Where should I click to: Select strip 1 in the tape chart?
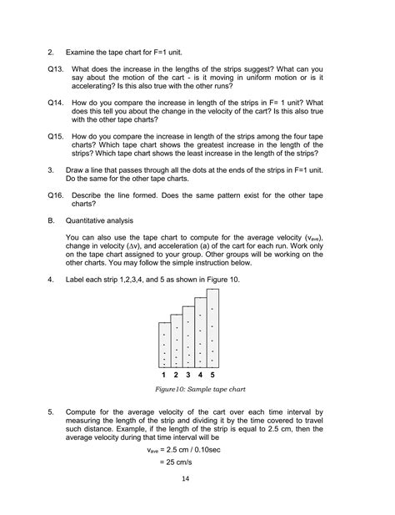(x=164, y=344)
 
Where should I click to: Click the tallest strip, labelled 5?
(x=213, y=328)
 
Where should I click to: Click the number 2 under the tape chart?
(x=177, y=376)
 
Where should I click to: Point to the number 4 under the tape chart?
(x=201, y=376)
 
